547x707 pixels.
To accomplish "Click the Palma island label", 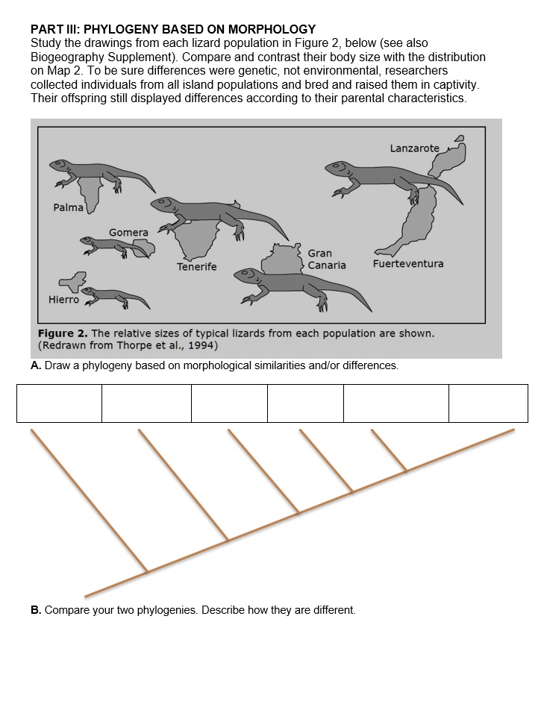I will [x=68, y=207].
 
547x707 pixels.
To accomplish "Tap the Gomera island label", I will [x=128, y=233].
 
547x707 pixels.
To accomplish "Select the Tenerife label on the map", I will [x=196, y=267].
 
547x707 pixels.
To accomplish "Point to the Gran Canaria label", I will [x=326, y=260].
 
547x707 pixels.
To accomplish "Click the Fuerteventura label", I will [x=407, y=264].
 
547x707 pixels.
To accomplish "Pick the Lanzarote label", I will [x=414, y=148].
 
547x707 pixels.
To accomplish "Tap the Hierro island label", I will [x=63, y=300].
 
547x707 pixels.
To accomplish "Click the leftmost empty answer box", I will [x=59, y=403].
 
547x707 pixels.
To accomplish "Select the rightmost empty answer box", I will [x=488, y=403].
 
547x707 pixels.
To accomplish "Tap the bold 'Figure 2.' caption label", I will [x=62, y=333].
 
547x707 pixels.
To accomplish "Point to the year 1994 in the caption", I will [x=201, y=345].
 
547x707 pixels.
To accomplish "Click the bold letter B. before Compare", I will [x=36, y=610].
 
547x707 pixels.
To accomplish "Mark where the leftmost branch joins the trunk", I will [x=147, y=572].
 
